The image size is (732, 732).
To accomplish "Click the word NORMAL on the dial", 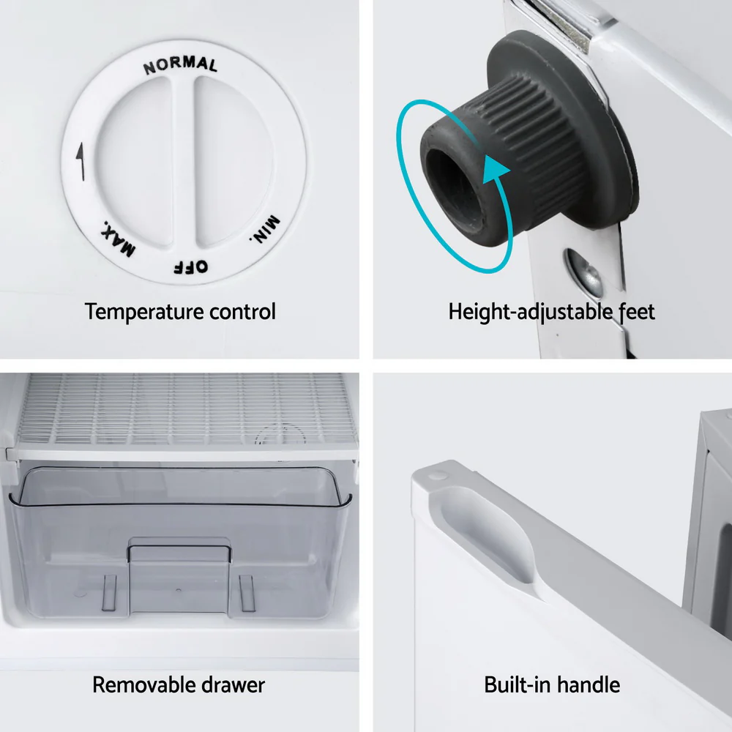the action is point(180,65).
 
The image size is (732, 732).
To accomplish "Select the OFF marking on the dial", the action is point(191,267).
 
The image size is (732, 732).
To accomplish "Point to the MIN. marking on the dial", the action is point(265,229).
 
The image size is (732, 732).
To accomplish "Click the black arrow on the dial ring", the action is point(81,161).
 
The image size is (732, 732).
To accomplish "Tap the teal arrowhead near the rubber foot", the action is point(494,169).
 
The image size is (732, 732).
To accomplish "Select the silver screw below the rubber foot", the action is point(583,274).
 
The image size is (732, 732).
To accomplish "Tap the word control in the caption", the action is point(243,311).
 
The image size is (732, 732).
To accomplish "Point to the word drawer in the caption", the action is point(234,685).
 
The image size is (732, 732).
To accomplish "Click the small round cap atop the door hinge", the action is point(438,476).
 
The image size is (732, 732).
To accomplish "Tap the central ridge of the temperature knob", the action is point(184,161).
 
